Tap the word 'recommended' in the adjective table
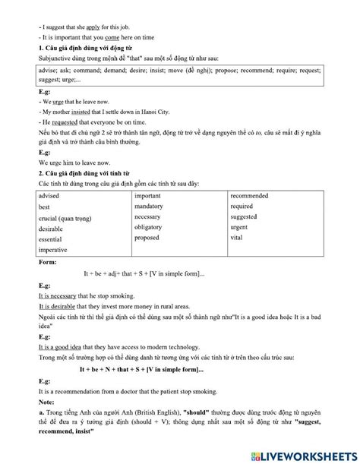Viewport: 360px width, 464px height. click(x=250, y=195)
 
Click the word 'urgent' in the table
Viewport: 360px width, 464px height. click(x=242, y=227)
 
